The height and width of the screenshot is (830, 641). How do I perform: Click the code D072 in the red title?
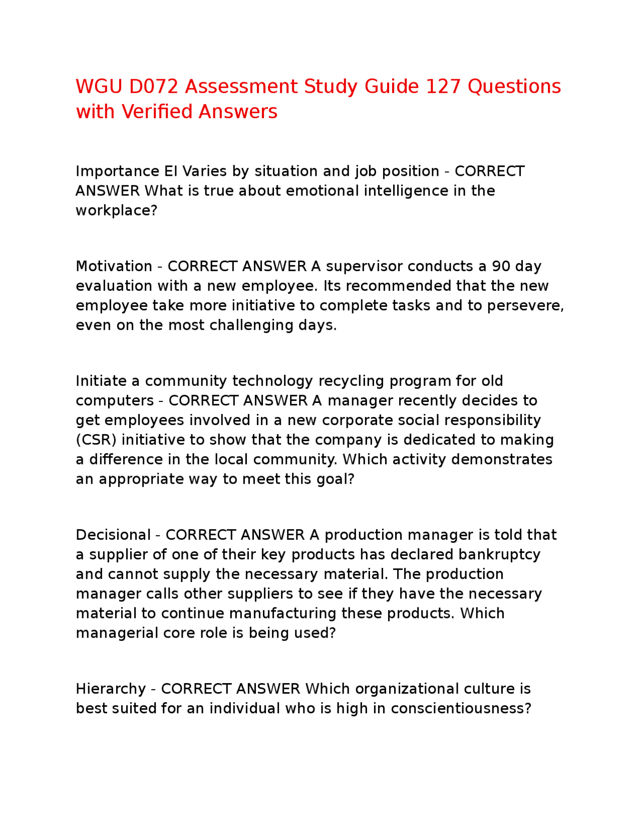pyautogui.click(x=154, y=87)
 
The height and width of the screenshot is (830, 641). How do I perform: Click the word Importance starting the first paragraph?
pyautogui.click(x=117, y=171)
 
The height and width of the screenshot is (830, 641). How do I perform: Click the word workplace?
pyautogui.click(x=116, y=211)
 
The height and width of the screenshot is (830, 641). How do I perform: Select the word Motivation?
pyautogui.click(x=114, y=266)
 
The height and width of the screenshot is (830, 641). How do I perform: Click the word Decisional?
pyautogui.click(x=113, y=535)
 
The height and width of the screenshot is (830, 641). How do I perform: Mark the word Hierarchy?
pyautogui.click(x=111, y=689)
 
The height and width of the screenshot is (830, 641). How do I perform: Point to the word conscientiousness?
pyautogui.click(x=461, y=708)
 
